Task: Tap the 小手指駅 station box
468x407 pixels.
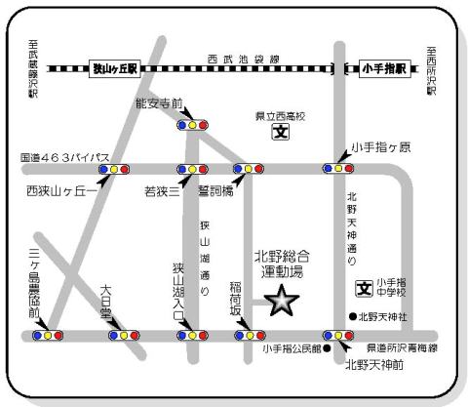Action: pyautogui.click(x=381, y=69)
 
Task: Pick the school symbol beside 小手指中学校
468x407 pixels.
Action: pyautogui.click(x=363, y=290)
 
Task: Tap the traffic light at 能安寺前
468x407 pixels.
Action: pyautogui.click(x=192, y=125)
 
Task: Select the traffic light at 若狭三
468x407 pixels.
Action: pyautogui.click(x=192, y=169)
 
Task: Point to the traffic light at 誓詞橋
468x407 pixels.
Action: pyautogui.click(x=248, y=169)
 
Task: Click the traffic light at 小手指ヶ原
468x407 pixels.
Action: pyautogui.click(x=338, y=169)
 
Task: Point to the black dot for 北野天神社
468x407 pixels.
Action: pyautogui.click(x=353, y=316)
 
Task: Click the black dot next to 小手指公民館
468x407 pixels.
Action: pyautogui.click(x=328, y=347)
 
